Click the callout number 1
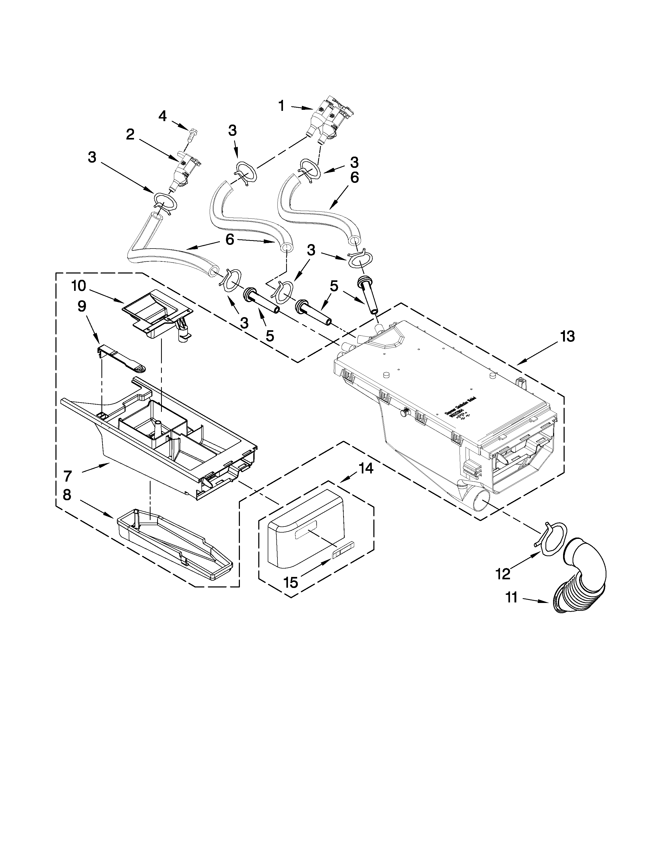(281, 106)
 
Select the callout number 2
(130, 135)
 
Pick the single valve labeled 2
(184, 169)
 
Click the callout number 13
(567, 336)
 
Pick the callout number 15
(291, 582)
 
